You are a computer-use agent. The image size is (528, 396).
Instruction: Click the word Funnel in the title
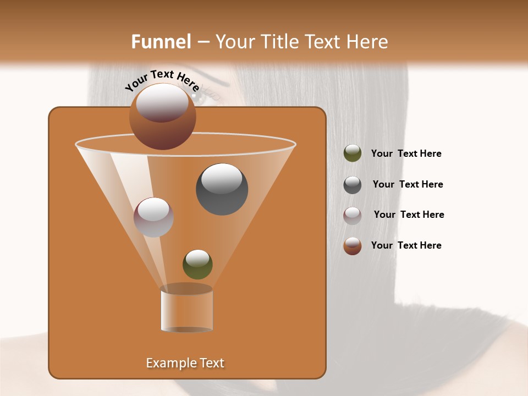(x=161, y=42)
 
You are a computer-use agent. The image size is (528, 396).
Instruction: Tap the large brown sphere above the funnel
(x=163, y=116)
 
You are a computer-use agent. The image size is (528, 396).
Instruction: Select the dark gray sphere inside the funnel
(x=222, y=189)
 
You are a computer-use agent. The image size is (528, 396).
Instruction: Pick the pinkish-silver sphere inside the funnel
(x=153, y=217)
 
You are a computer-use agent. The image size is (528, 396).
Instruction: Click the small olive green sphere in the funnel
(x=197, y=264)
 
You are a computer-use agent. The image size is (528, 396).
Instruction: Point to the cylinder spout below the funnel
(x=186, y=309)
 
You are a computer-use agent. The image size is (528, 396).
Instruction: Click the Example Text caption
(x=185, y=363)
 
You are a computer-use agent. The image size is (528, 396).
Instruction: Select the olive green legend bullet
(x=353, y=153)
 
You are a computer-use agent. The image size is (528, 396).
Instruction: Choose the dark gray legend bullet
(x=353, y=185)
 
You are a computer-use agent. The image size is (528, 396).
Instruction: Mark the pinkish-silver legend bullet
(x=353, y=216)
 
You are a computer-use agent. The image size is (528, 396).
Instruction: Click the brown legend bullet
(x=353, y=246)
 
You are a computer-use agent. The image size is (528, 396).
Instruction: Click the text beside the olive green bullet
(x=406, y=154)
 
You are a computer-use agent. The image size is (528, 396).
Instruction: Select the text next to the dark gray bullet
(x=408, y=185)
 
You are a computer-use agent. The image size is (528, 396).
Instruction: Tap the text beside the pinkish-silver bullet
(x=409, y=215)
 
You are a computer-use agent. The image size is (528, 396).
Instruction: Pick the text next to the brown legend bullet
(x=406, y=246)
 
